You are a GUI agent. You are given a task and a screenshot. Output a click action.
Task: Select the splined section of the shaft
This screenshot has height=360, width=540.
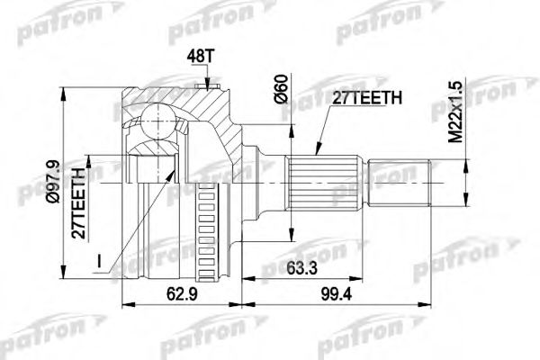tap(323, 180)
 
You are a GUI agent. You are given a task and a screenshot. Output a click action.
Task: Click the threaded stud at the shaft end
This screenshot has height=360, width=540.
tap(400, 180)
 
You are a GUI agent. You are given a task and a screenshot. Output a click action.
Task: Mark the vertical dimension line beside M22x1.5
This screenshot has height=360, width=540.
tap(465, 180)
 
